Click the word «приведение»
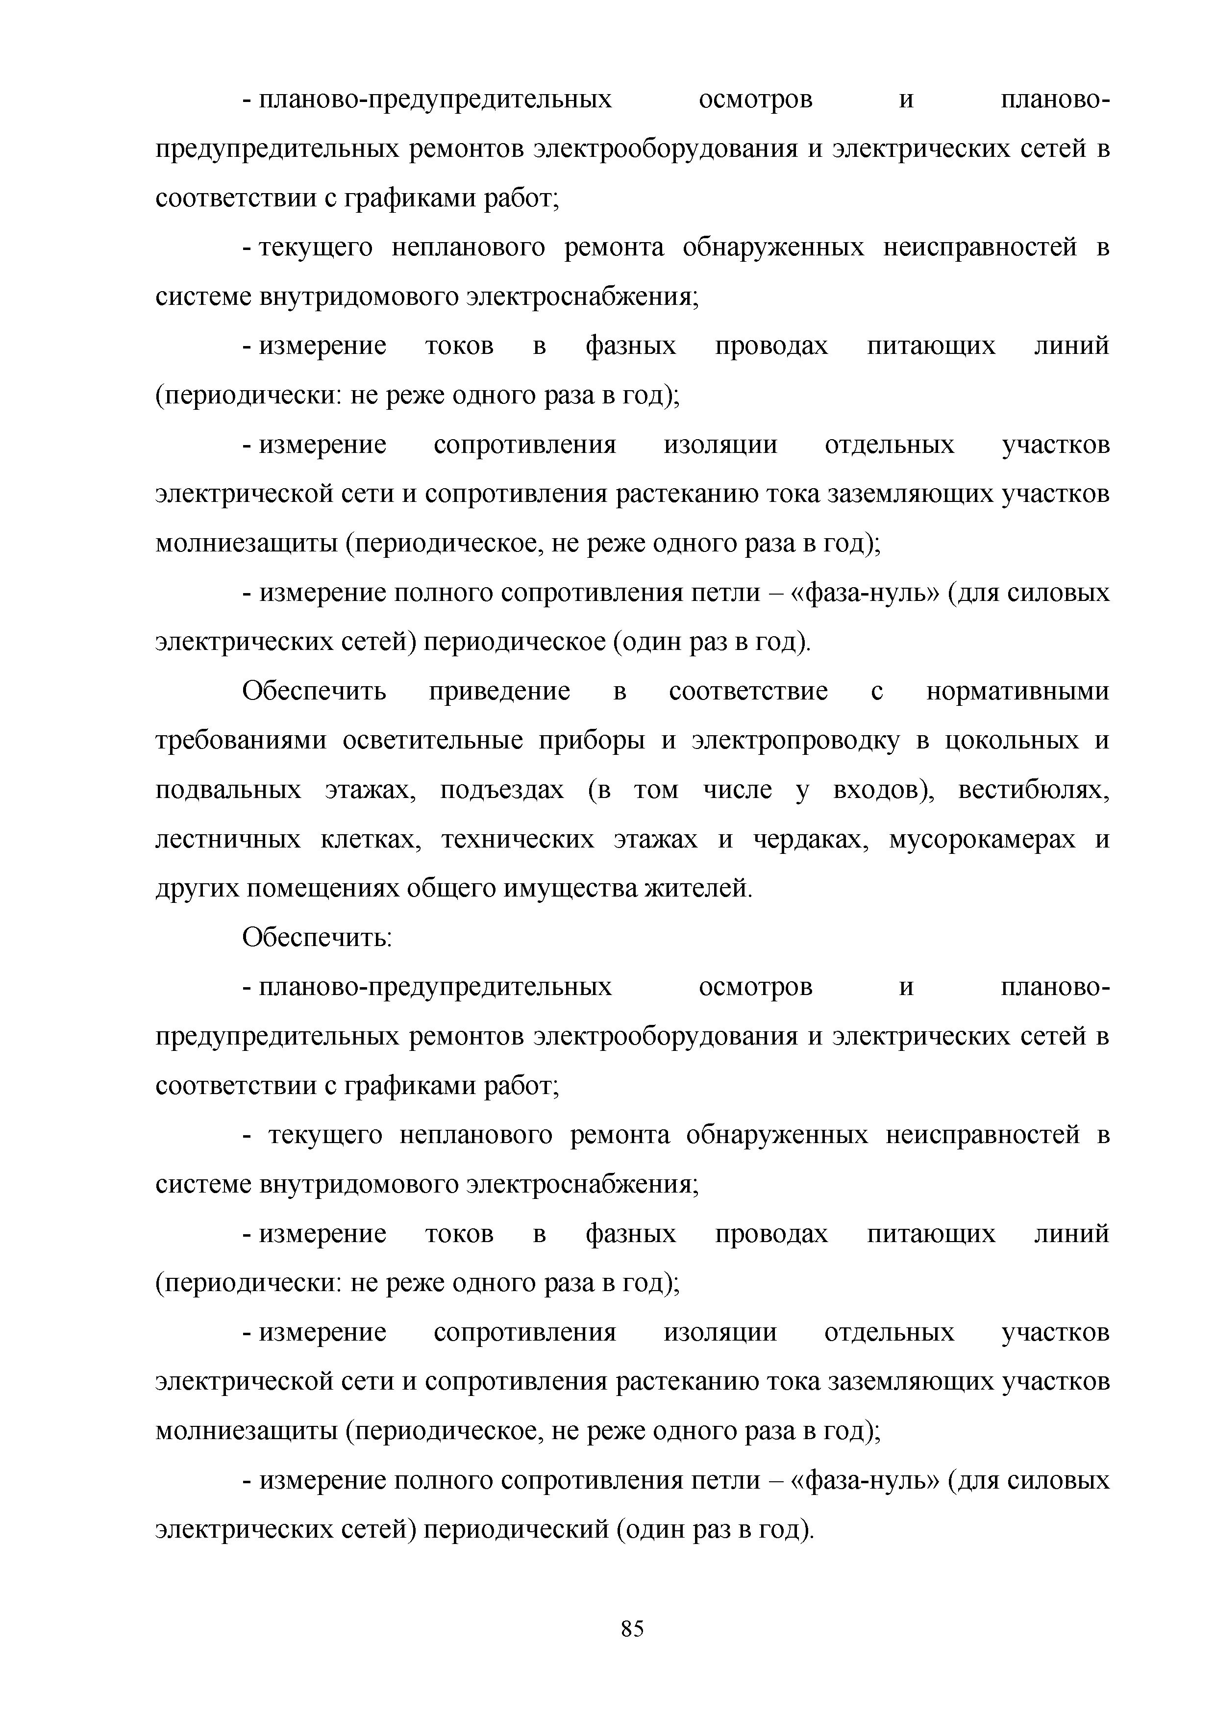click(x=499, y=691)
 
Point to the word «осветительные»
click(x=433, y=741)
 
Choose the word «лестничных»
click(x=227, y=839)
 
